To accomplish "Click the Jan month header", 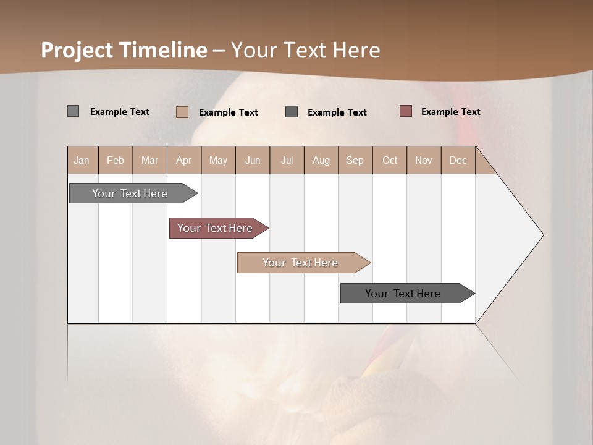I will coord(82,160).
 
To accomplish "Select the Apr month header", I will coord(184,160).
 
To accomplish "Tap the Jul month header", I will coord(287,160).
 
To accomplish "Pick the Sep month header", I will coord(355,160).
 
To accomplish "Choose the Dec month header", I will coord(458,160).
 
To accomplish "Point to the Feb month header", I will coord(116,160).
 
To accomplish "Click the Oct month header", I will coord(390,160).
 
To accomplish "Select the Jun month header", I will coord(253,160).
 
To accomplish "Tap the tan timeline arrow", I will coord(301,263).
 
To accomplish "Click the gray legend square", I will coord(73,111).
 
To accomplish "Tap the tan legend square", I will coord(182,112).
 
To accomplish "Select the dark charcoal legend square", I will coord(292,112).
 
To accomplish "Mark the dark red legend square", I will coord(405,111).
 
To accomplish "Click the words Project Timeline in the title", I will coord(124,50).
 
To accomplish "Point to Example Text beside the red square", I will coord(450,112).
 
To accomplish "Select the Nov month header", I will coord(424,160).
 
